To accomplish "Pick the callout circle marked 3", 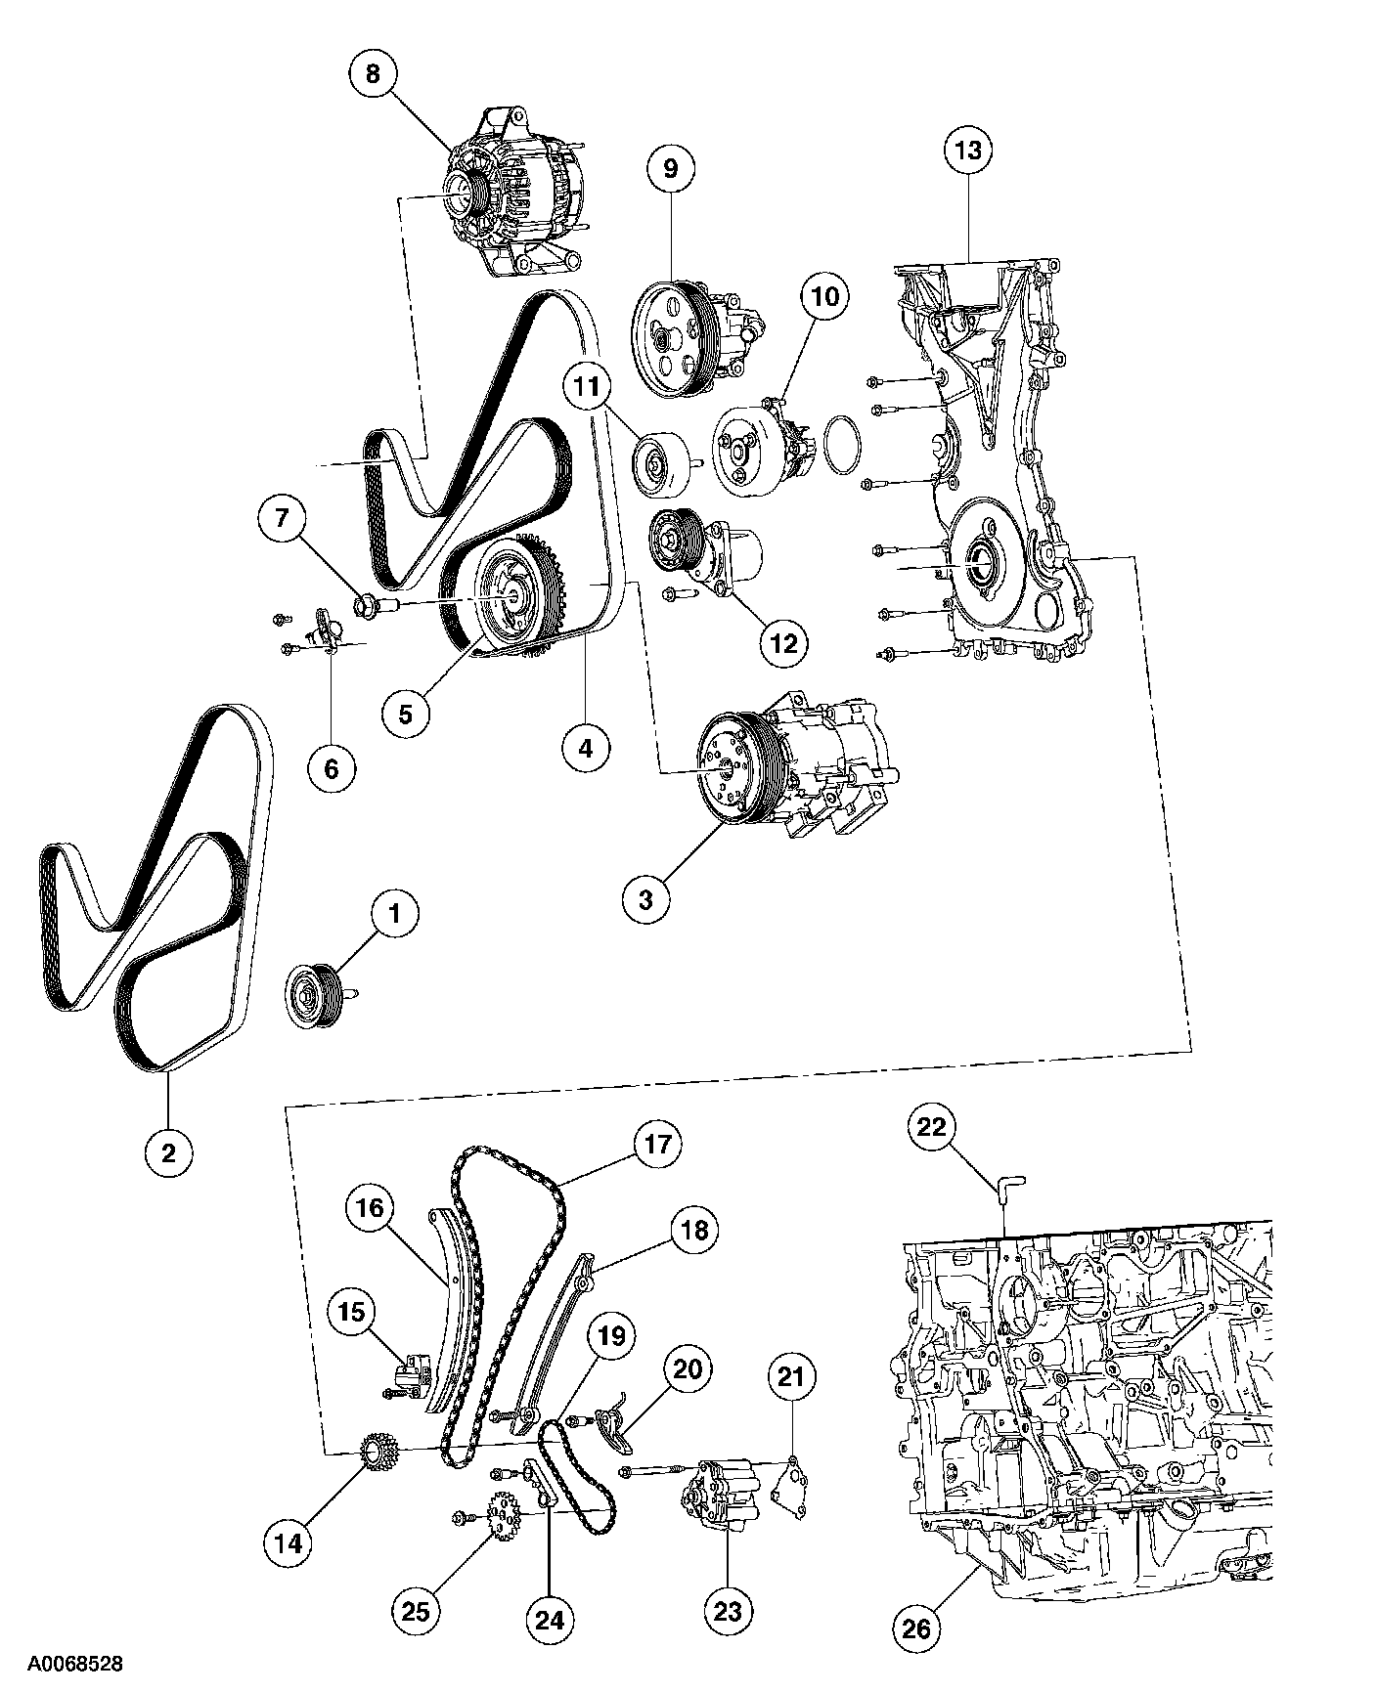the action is pos(644,899).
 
